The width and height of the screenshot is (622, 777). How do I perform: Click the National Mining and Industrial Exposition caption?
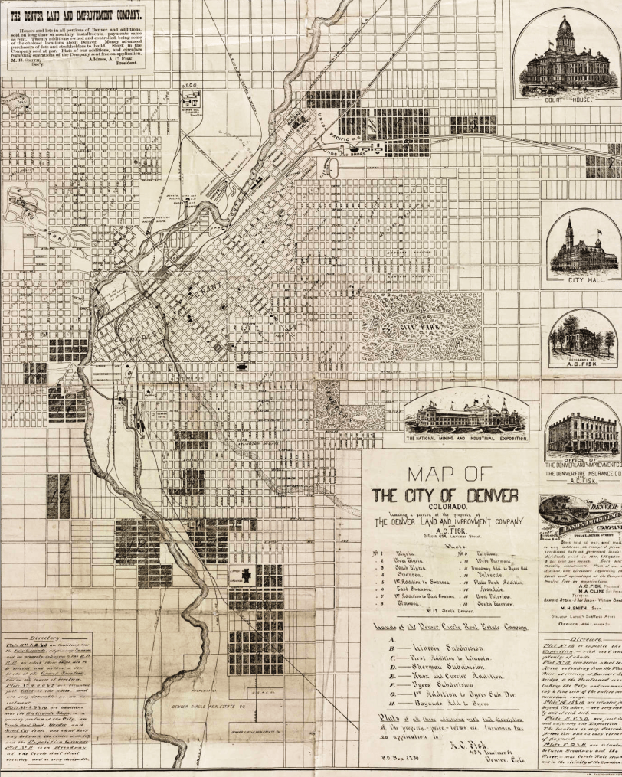(466, 438)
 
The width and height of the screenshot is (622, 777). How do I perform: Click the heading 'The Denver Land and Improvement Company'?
(75, 13)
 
